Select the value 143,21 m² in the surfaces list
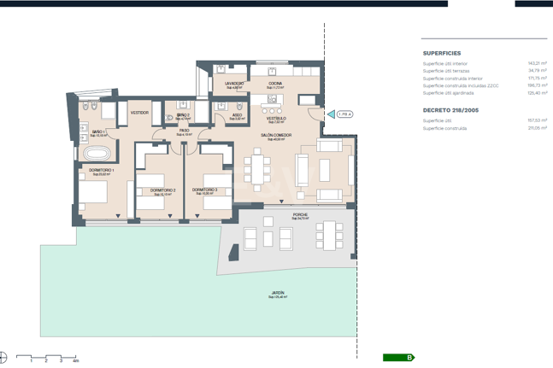click(x=537, y=63)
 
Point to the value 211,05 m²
click(x=537, y=128)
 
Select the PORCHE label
click(x=299, y=215)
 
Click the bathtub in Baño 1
click(x=94, y=154)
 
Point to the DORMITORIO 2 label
click(x=162, y=190)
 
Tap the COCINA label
click(x=274, y=84)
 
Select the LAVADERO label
click(x=235, y=84)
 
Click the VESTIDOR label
click(x=140, y=113)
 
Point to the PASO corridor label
click(x=184, y=131)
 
